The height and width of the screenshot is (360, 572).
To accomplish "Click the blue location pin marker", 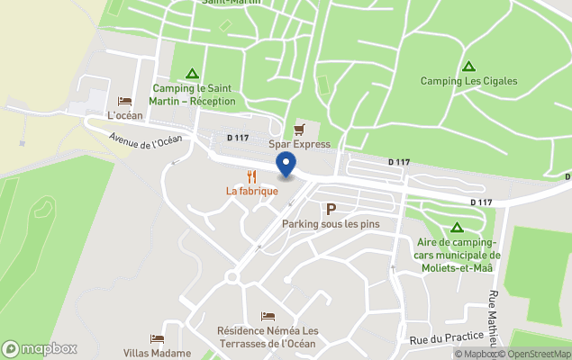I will tap(286, 165).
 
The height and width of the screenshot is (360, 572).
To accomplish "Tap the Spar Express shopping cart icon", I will tap(299, 129).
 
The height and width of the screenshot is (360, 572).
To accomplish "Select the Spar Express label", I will tap(299, 144).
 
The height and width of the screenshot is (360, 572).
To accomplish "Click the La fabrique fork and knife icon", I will tap(251, 176).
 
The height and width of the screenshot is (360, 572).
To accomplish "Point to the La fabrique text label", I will tap(251, 191).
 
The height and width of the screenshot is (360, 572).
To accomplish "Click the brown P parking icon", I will tap(331, 209).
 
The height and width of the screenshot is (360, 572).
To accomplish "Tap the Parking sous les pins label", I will tap(331, 223).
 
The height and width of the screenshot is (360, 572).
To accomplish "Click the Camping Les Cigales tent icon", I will tap(468, 67).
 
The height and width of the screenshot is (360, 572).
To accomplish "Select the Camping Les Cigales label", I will tap(468, 81).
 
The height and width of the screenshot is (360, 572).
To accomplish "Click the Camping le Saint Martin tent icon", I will tap(191, 74).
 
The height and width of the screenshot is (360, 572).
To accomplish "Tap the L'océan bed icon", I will tap(125, 102).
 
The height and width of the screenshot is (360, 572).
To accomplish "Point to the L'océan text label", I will tap(125, 116).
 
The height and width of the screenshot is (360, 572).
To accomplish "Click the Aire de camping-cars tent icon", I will tap(457, 228).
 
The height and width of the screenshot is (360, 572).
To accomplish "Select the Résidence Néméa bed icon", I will tap(268, 316).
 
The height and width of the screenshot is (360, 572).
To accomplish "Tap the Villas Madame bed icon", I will tap(157, 339).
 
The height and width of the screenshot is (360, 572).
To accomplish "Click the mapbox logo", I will tap(40, 348).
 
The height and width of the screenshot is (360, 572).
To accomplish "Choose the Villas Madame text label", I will tap(157, 353).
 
